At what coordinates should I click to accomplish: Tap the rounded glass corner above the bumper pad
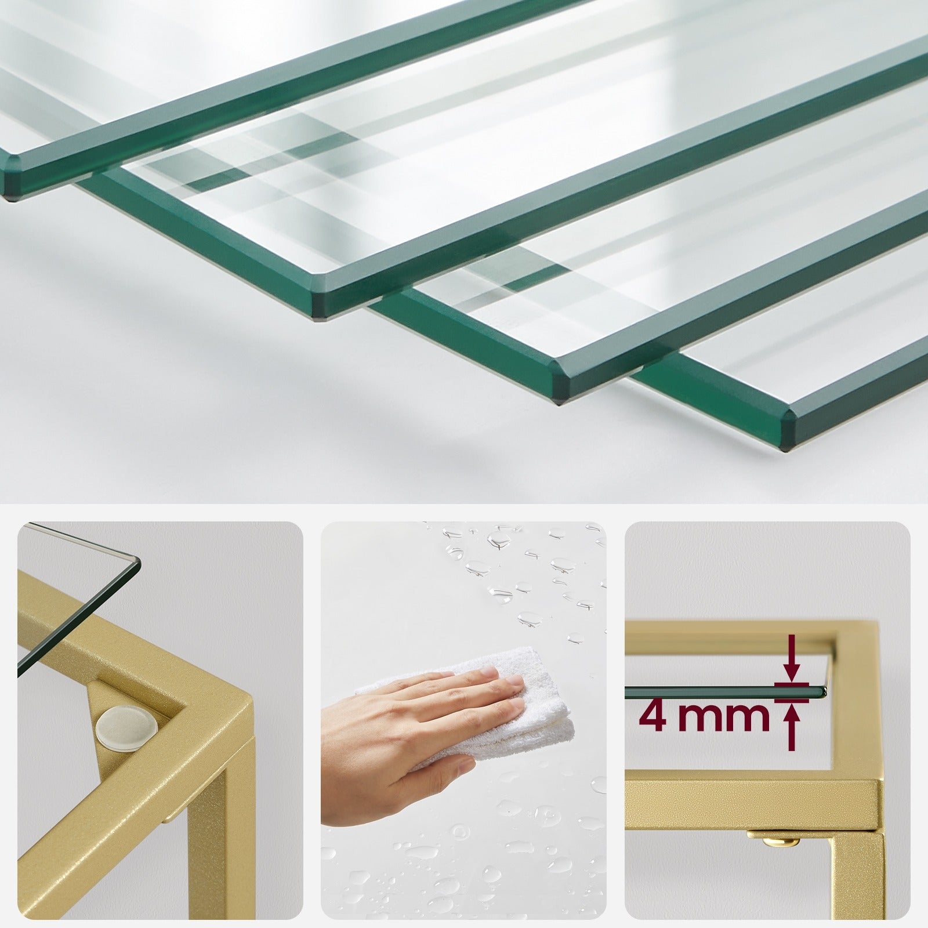click(137, 561)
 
